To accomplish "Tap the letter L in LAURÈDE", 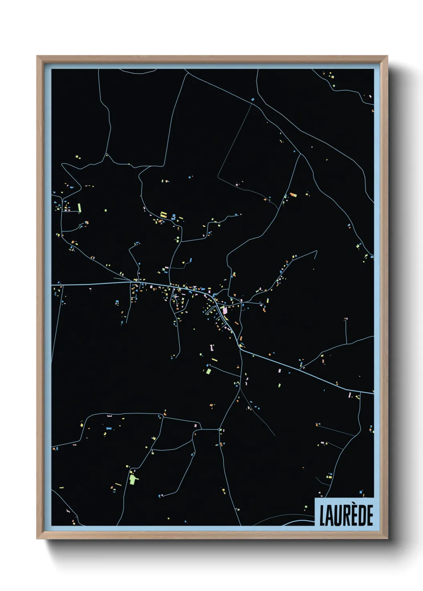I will [322, 515].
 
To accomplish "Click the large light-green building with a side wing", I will [133, 479].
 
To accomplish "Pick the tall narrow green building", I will [80, 208].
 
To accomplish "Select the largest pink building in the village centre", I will [225, 309].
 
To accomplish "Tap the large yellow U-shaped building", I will [163, 215].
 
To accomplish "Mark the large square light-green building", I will [208, 371].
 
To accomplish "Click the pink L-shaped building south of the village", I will [212, 347].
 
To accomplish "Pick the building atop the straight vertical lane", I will [346, 319].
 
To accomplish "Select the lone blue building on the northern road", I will [252, 99].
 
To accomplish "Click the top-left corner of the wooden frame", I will [37, 56].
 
